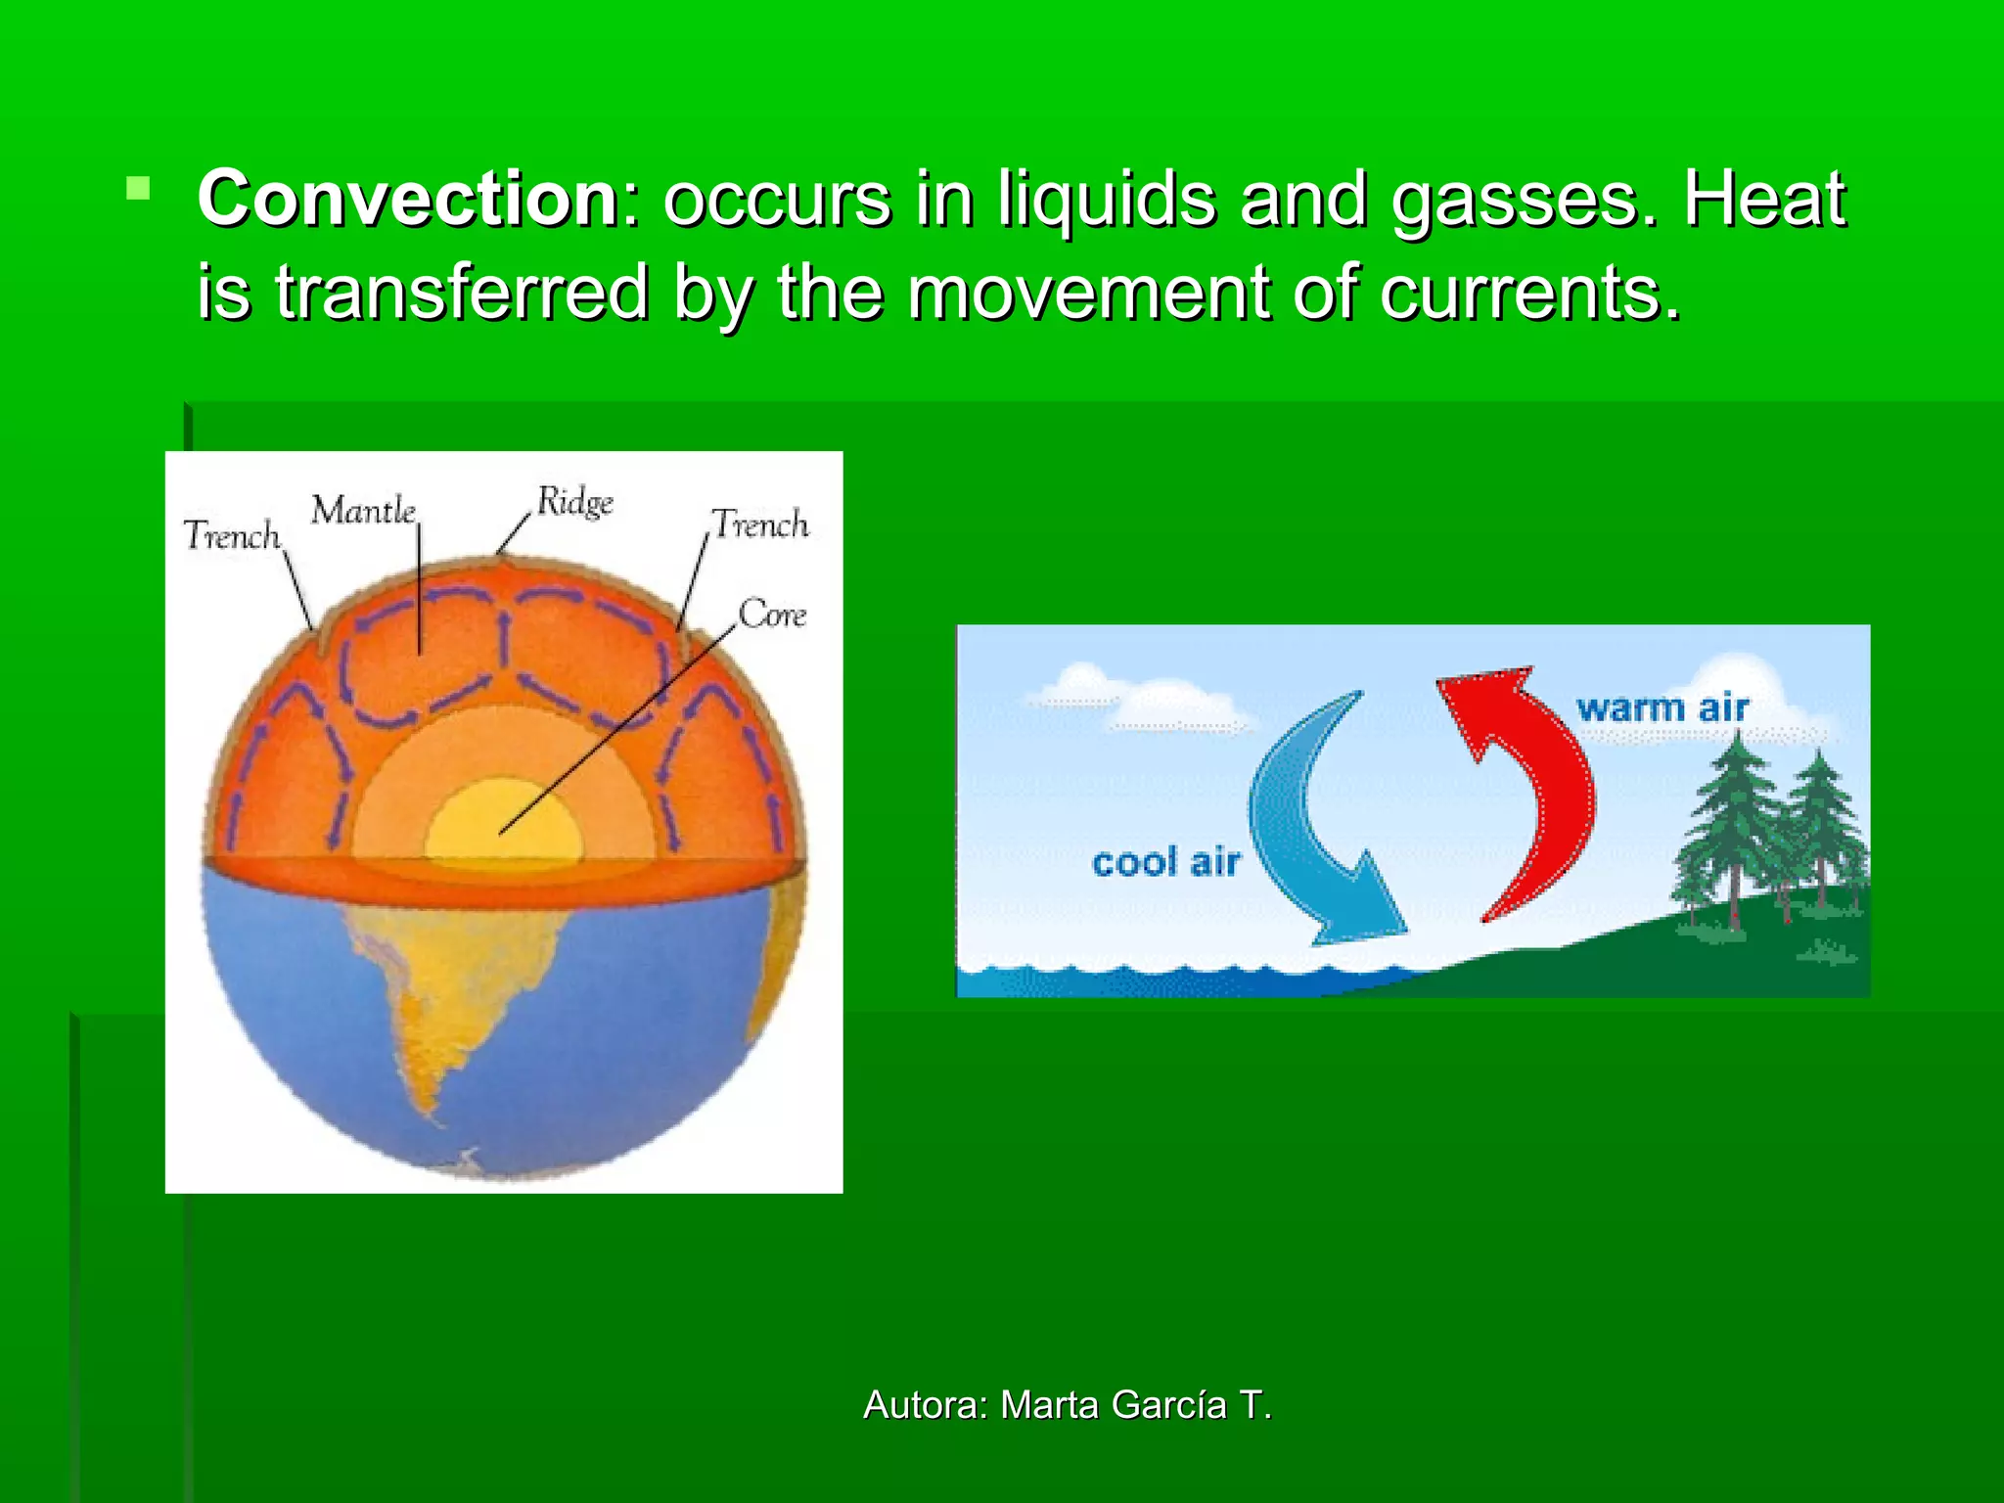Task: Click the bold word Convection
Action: pyautogui.click(x=407, y=200)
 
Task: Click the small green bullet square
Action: pyautogui.click(x=138, y=188)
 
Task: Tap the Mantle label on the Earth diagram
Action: pyautogui.click(x=363, y=511)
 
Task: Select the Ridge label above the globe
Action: pyautogui.click(x=575, y=503)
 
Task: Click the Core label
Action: pyautogui.click(x=772, y=615)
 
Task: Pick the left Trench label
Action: pyautogui.click(x=232, y=536)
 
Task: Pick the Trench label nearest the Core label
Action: pyautogui.click(x=760, y=525)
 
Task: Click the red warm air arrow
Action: pyautogui.click(x=1536, y=793)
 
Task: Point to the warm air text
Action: pyautogui.click(x=1662, y=707)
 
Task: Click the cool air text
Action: pyautogui.click(x=1165, y=863)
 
